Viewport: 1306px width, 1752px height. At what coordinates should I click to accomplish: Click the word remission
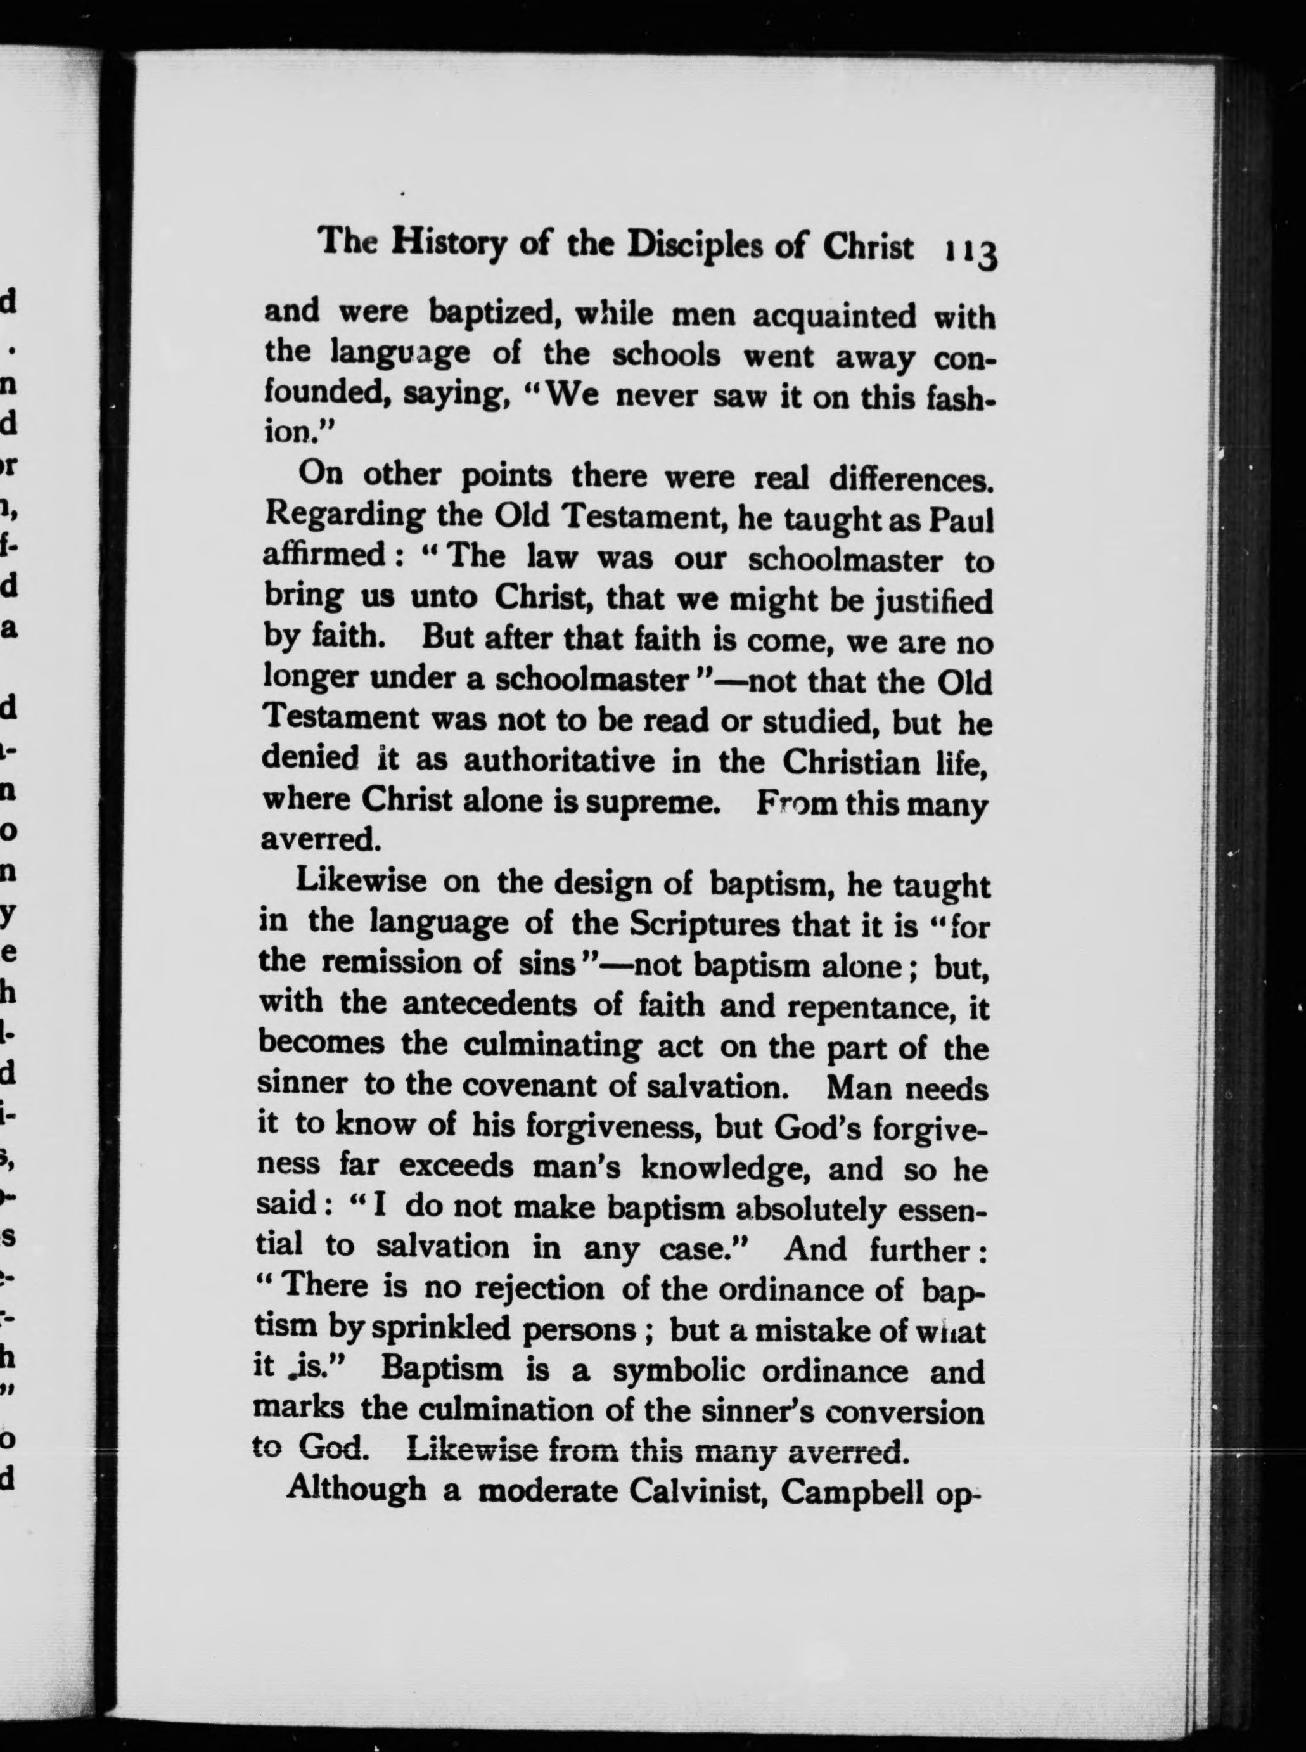pos(411,963)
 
